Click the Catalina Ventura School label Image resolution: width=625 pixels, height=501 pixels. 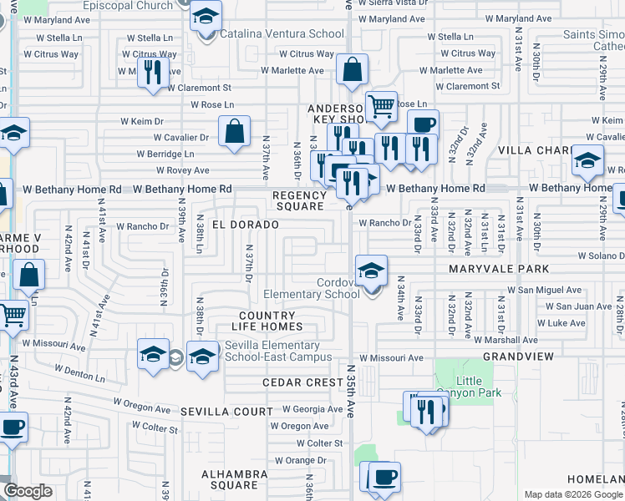(282, 34)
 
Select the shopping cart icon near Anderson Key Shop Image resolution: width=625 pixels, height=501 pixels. (381, 107)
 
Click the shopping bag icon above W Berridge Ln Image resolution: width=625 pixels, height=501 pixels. (234, 131)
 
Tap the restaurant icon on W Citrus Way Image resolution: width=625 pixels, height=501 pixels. (152, 73)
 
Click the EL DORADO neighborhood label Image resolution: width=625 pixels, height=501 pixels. (245, 225)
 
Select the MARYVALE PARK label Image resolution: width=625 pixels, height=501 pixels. (499, 269)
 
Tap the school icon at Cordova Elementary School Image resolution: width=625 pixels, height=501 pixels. (371, 271)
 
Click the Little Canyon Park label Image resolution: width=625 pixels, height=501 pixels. (470, 387)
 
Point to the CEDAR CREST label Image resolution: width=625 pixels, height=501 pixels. (302, 382)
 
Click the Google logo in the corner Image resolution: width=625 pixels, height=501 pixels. (28, 491)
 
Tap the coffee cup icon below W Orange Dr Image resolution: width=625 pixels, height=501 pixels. (384, 478)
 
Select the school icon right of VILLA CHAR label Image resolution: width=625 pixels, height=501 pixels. (587, 160)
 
